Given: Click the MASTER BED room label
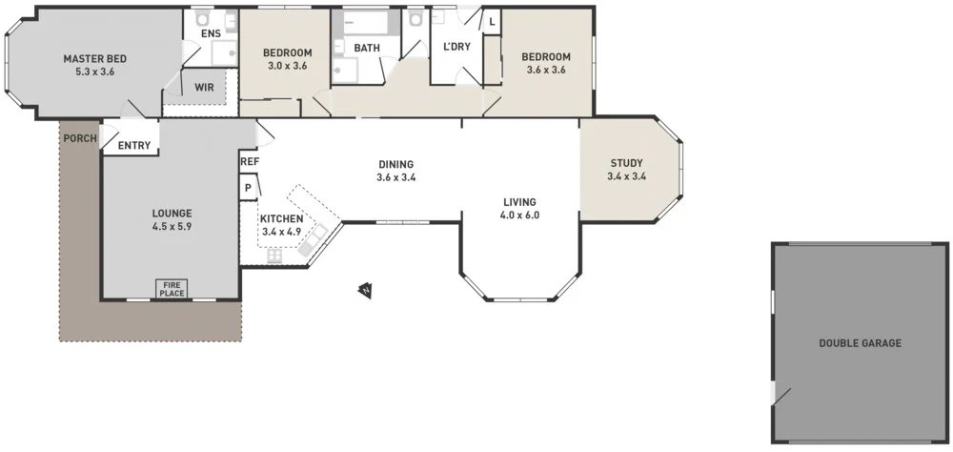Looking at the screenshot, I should [94, 58].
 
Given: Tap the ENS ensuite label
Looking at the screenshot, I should [211, 34].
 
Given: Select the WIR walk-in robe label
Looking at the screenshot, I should [204, 87].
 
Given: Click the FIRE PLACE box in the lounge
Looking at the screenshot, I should [172, 288].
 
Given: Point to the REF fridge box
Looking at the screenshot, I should [250, 162].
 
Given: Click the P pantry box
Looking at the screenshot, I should [248, 188].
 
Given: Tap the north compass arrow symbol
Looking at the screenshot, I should [364, 289].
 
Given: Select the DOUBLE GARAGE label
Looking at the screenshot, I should [860, 343].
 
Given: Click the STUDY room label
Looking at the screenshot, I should [626, 162].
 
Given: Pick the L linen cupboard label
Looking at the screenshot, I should [492, 22].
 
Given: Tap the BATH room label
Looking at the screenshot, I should [367, 48].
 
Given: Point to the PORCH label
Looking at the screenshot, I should [79, 138].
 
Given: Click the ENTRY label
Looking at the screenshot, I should [134, 145].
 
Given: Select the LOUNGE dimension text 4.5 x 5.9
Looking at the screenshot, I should [172, 227].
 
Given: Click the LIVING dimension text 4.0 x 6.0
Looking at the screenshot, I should [519, 216].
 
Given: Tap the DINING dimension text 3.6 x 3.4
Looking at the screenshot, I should [395, 177].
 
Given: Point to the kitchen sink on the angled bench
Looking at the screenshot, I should [314, 238].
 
